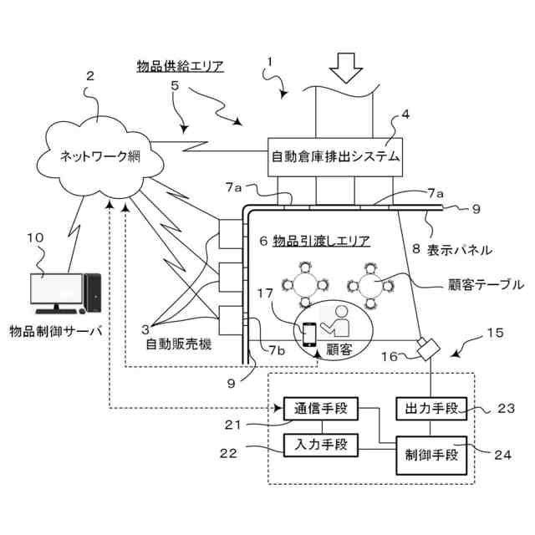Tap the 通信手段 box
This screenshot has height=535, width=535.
[x=322, y=408]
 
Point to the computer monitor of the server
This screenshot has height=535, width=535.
[x=56, y=289]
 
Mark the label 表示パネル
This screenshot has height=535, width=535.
[x=459, y=249]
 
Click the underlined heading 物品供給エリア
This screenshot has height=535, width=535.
[x=180, y=66]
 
